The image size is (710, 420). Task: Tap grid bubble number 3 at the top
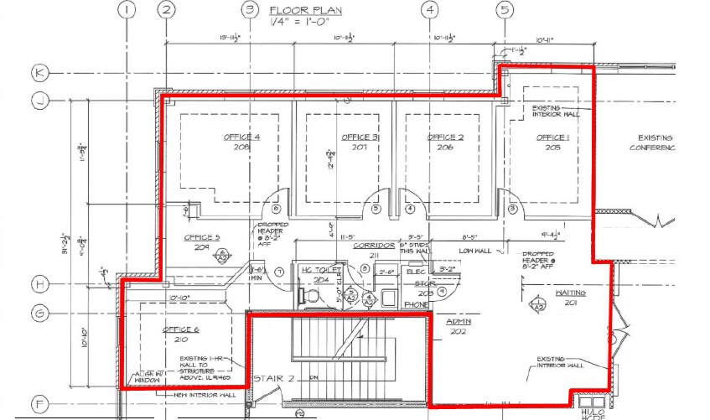coord(249,10)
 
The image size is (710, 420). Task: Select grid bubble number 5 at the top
coord(505,10)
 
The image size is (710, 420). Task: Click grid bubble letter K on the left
coord(39,73)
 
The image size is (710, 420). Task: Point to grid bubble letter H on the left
coord(39,283)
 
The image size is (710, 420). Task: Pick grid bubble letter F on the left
coord(39,400)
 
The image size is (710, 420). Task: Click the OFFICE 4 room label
coord(241,137)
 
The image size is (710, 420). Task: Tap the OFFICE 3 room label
coord(360,137)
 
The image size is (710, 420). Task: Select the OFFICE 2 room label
coord(445,137)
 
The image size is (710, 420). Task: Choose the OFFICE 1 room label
coord(553,137)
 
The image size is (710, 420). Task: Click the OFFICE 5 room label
coord(202,237)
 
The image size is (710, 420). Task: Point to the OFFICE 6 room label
coord(179,329)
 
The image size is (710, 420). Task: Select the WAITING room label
coord(570,293)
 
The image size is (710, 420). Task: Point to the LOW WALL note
coord(474,250)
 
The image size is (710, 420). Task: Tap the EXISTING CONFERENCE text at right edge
coord(656,143)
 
